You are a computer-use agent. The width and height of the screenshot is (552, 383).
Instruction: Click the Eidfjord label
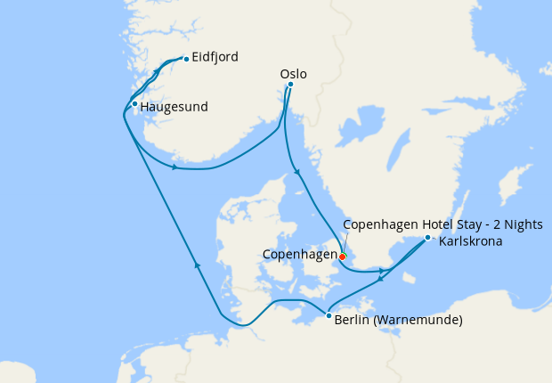point(215,59)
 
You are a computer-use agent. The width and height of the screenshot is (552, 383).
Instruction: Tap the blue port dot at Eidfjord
point(185,60)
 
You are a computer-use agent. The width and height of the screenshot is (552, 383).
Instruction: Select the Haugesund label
point(174,107)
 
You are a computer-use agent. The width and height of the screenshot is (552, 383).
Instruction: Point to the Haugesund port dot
point(134,105)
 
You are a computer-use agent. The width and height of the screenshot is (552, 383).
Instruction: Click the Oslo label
point(293,74)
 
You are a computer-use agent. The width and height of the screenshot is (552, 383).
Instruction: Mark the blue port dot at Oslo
point(290,86)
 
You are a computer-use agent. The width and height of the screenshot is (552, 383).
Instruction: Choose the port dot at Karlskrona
point(427,238)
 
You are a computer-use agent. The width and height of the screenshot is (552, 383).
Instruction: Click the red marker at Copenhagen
point(343,257)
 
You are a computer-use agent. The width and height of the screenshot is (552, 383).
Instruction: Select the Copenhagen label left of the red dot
point(298,255)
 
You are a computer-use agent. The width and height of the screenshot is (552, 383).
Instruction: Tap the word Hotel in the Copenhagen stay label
point(427,224)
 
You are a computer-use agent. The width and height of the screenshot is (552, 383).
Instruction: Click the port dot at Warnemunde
point(329,315)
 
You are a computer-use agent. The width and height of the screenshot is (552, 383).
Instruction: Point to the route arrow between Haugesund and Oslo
point(175,167)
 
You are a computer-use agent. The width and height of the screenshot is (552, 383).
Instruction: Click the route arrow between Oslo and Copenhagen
point(296,173)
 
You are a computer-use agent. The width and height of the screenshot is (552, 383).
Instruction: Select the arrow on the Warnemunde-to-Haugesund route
point(197,265)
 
